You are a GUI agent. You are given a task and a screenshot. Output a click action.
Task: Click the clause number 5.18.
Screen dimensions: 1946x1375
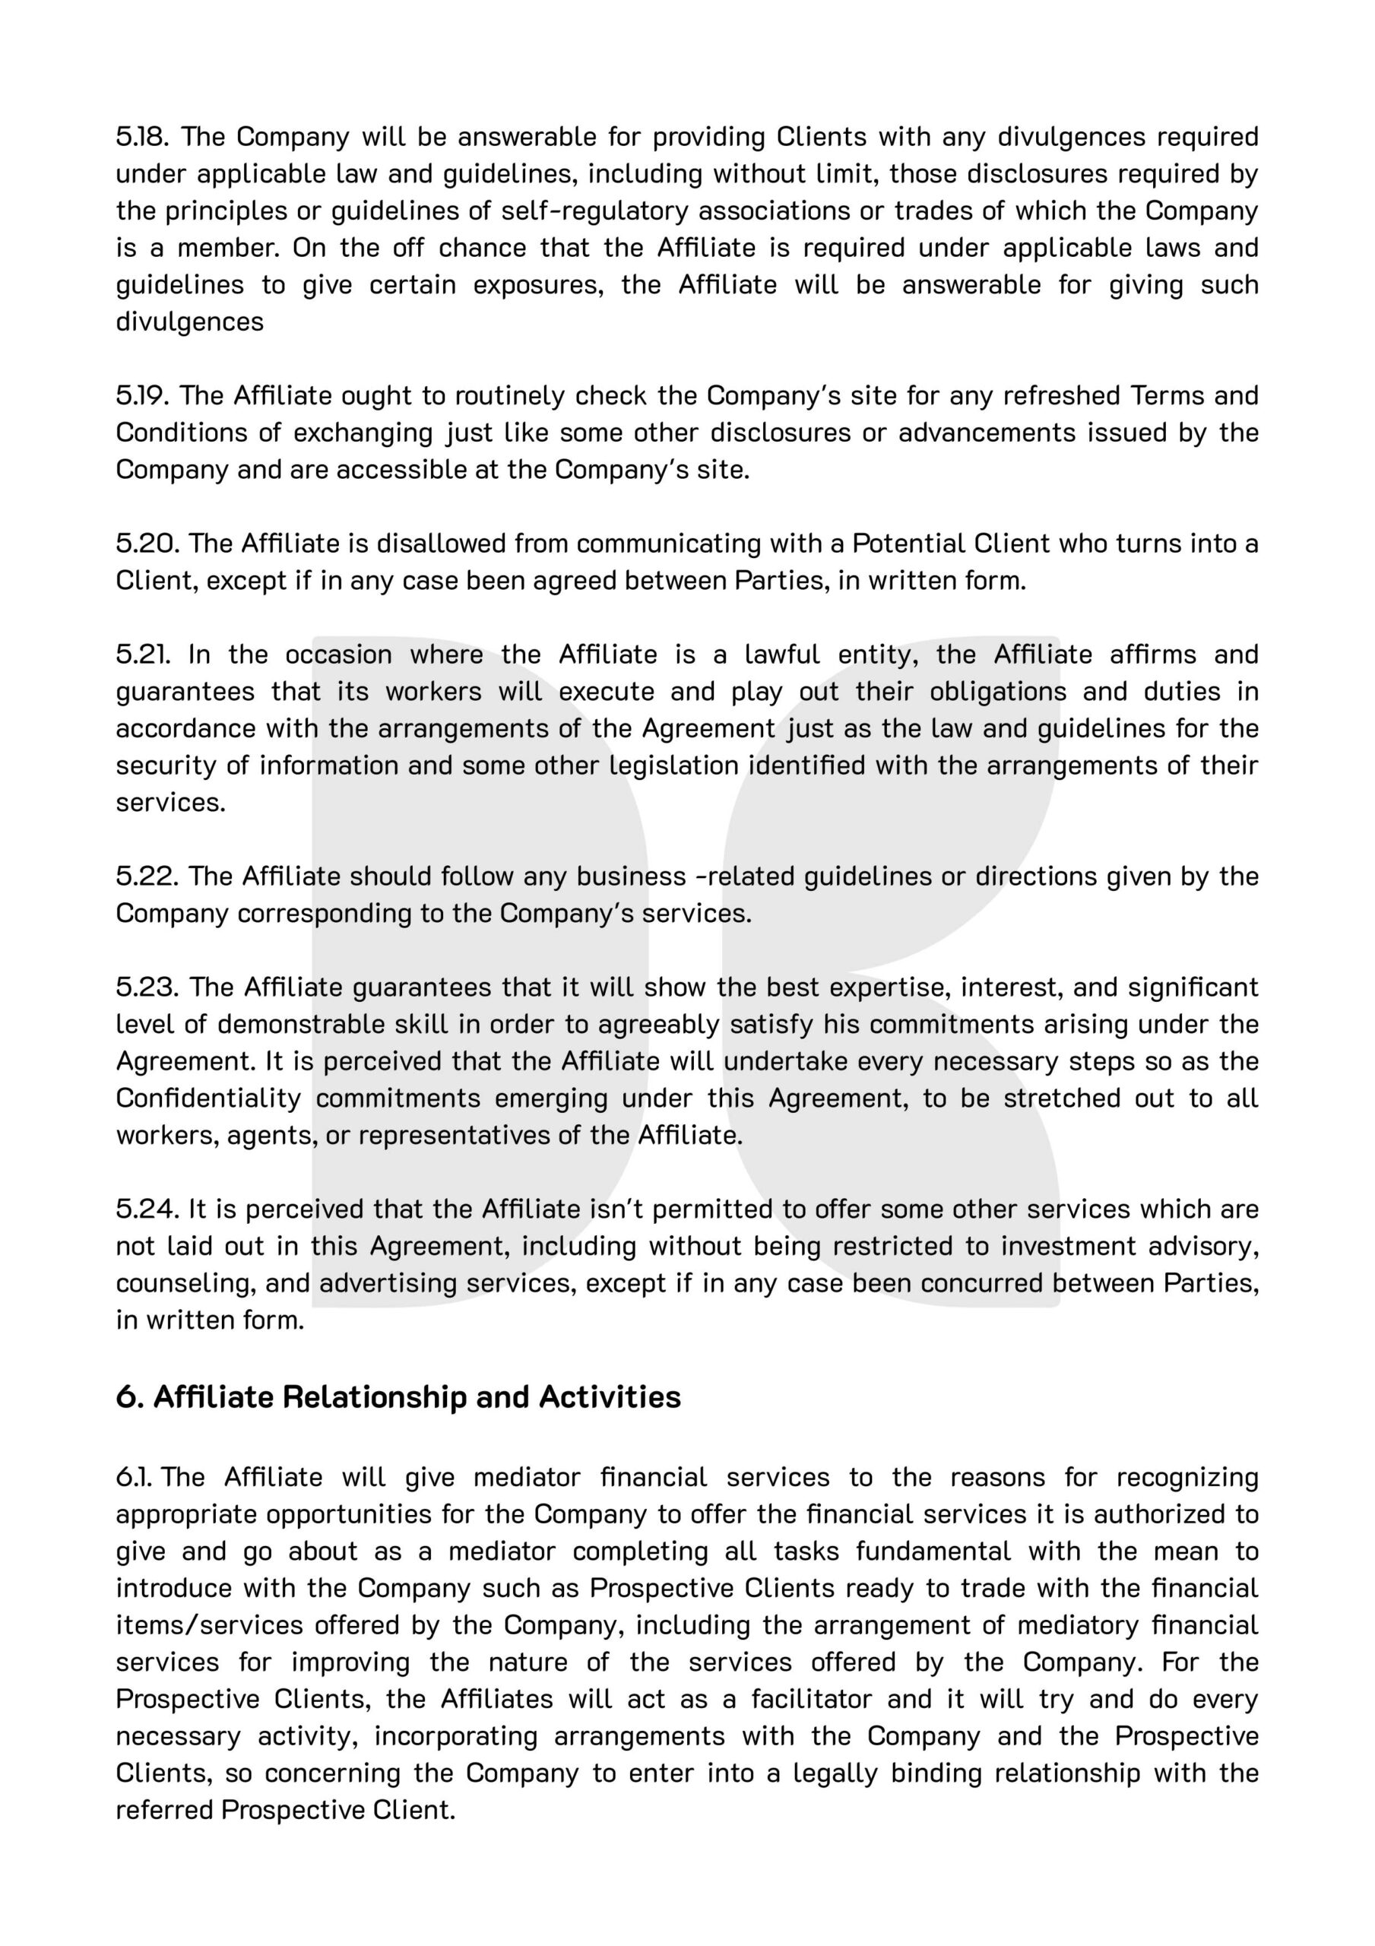point(141,137)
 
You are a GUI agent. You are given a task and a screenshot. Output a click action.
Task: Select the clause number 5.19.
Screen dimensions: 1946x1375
point(141,396)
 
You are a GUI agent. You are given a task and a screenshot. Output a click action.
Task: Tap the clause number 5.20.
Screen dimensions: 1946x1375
point(145,544)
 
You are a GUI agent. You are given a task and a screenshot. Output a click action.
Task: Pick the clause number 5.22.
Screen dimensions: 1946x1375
point(146,876)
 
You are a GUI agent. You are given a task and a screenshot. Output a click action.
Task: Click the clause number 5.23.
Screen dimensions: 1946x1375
point(146,987)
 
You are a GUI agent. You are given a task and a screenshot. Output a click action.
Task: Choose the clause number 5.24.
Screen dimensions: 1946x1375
point(146,1209)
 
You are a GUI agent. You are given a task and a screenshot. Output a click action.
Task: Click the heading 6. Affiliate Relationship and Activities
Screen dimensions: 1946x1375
point(398,1396)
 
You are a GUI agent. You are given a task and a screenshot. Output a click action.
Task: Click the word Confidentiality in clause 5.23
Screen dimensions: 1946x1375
point(208,1098)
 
